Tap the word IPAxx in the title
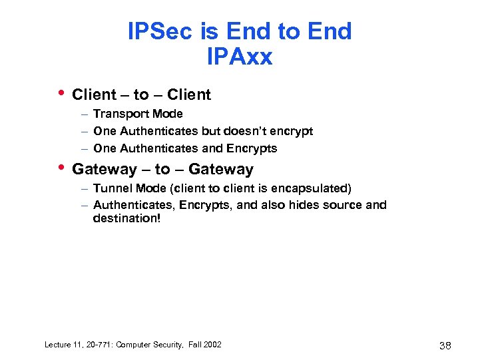pos(240,57)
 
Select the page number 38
pos(446,345)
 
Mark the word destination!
pos(126,218)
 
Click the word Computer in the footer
pos(135,344)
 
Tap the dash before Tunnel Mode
pos(86,189)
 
